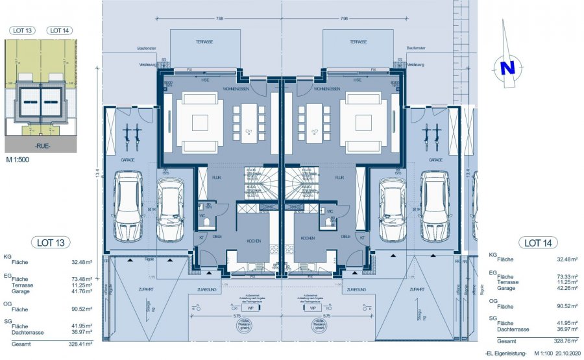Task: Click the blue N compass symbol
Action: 507,67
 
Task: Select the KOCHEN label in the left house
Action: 254,241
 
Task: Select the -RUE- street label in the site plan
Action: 41,146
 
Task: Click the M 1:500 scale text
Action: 19,158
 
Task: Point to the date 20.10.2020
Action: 566,352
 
